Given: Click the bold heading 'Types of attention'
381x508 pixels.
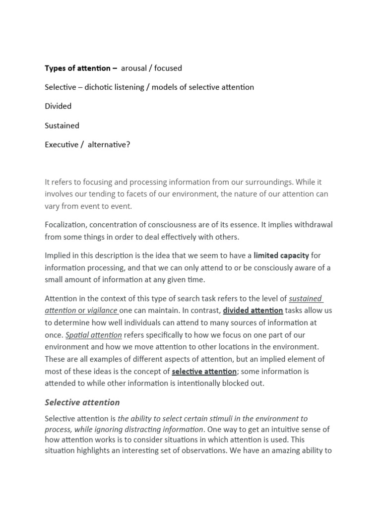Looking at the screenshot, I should [77, 68].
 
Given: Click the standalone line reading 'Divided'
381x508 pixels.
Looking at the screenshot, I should [58, 106].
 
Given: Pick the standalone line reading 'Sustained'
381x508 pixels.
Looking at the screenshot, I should [62, 126].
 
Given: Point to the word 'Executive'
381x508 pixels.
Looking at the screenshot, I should [62, 145].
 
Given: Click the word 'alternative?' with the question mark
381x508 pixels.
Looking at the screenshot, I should [109, 145].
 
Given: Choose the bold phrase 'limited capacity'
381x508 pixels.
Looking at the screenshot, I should [281, 256].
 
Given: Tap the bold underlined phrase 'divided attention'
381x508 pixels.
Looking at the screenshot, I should [253, 311].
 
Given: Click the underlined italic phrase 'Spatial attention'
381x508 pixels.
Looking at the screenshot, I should [94, 334].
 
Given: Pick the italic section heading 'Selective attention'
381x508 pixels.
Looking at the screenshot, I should [82, 402].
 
